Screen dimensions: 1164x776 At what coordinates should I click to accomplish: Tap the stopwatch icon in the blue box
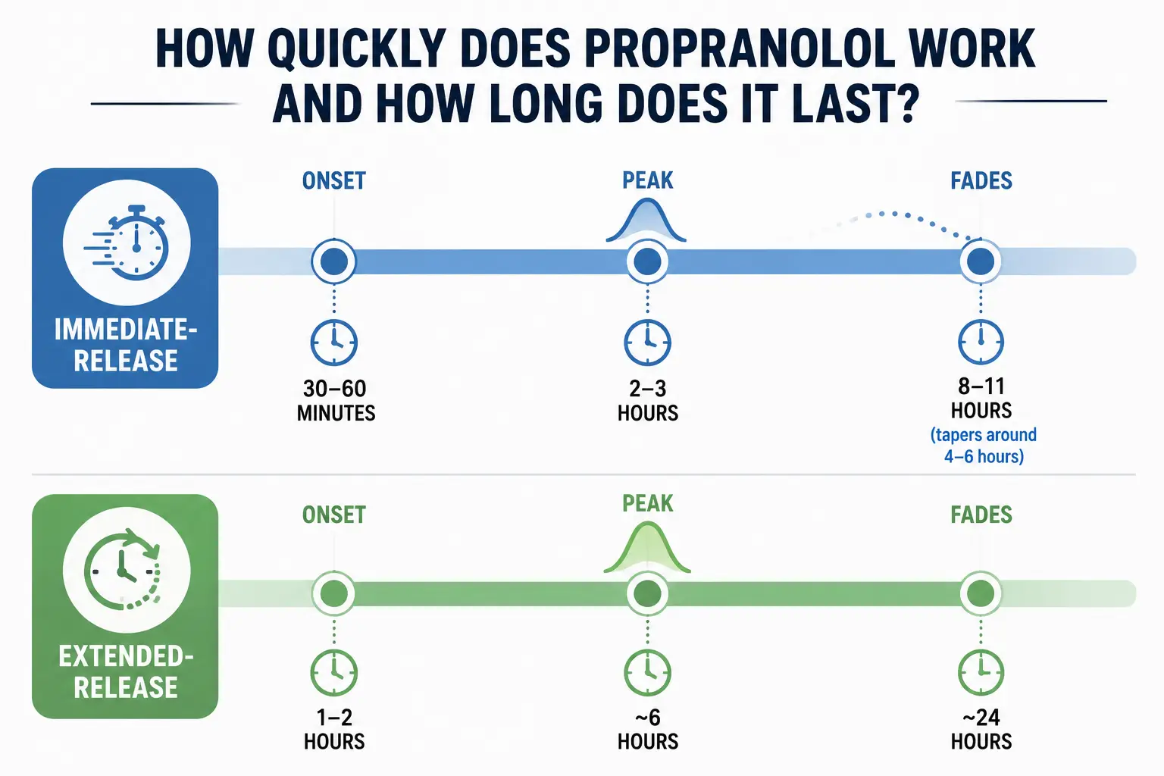(x=127, y=242)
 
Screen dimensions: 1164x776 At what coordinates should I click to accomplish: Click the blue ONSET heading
(x=334, y=181)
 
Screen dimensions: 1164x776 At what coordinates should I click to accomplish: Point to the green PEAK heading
(x=647, y=503)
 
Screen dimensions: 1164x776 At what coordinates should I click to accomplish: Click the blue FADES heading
(x=981, y=181)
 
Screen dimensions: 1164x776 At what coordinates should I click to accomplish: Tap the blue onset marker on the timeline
(x=334, y=261)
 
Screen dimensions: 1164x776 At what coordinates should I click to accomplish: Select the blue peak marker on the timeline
(x=647, y=261)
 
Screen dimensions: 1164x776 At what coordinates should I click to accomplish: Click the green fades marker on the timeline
(x=981, y=593)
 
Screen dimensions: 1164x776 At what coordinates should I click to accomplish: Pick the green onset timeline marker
(x=334, y=593)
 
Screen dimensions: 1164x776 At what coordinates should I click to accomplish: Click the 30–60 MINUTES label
(x=336, y=401)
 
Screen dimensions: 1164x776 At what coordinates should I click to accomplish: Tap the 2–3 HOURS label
(x=647, y=401)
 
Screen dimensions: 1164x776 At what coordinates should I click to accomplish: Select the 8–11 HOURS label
(x=981, y=398)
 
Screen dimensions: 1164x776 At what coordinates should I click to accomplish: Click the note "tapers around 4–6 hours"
(x=983, y=446)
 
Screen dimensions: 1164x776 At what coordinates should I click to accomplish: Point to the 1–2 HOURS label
(x=334, y=729)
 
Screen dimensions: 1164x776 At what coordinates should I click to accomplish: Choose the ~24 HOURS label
(x=981, y=729)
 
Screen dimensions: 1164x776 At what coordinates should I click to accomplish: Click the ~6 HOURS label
(x=647, y=729)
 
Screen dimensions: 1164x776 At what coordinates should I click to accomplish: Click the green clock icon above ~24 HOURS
(x=981, y=672)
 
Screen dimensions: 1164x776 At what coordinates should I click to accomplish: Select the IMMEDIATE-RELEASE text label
(x=126, y=345)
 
